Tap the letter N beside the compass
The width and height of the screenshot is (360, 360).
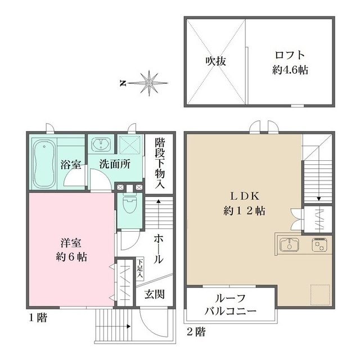click(122, 83)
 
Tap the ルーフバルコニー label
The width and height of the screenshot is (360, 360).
click(231, 304)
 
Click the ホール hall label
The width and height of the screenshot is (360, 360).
click(159, 251)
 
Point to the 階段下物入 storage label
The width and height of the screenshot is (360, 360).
click(159, 162)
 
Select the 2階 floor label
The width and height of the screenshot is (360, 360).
click(196, 332)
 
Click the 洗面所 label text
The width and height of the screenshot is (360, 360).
click(115, 165)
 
